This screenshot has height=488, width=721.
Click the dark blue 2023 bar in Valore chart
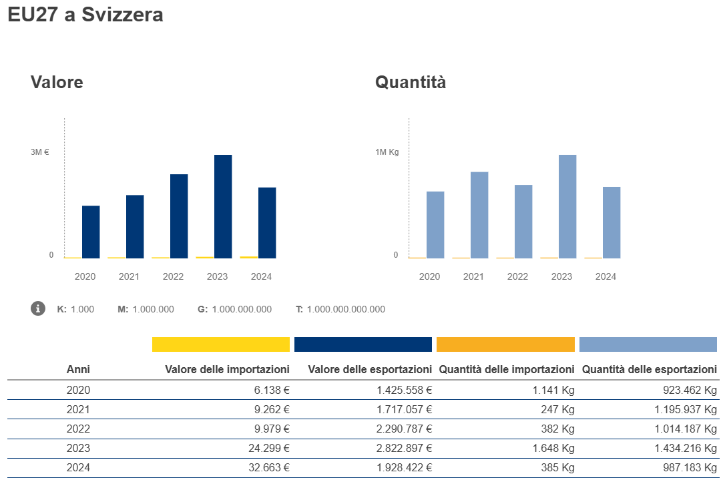[x=223, y=206]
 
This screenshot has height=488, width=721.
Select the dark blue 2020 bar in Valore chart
[x=91, y=232]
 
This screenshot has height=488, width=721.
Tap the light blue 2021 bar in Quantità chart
[x=479, y=215]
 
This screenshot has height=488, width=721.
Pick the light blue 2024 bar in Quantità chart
[x=612, y=222]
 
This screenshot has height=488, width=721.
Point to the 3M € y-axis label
[x=40, y=152]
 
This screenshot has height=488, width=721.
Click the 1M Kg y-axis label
[x=387, y=152]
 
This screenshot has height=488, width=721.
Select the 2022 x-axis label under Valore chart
[x=173, y=276]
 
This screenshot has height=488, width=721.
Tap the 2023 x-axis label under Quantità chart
[x=561, y=276]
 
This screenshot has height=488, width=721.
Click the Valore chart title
[x=57, y=82]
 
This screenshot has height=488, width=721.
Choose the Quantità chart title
[x=411, y=82]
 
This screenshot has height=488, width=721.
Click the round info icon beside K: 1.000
[x=38, y=308]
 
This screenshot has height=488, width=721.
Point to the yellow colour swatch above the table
[x=221, y=344]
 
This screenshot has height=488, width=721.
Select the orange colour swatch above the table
[x=505, y=344]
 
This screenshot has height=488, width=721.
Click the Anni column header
[x=78, y=369]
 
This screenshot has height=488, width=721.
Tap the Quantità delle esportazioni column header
[x=649, y=369]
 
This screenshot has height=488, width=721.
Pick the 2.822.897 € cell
[x=401, y=449]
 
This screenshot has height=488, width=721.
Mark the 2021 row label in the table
[x=78, y=410]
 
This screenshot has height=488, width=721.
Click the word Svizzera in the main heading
[x=122, y=15]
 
